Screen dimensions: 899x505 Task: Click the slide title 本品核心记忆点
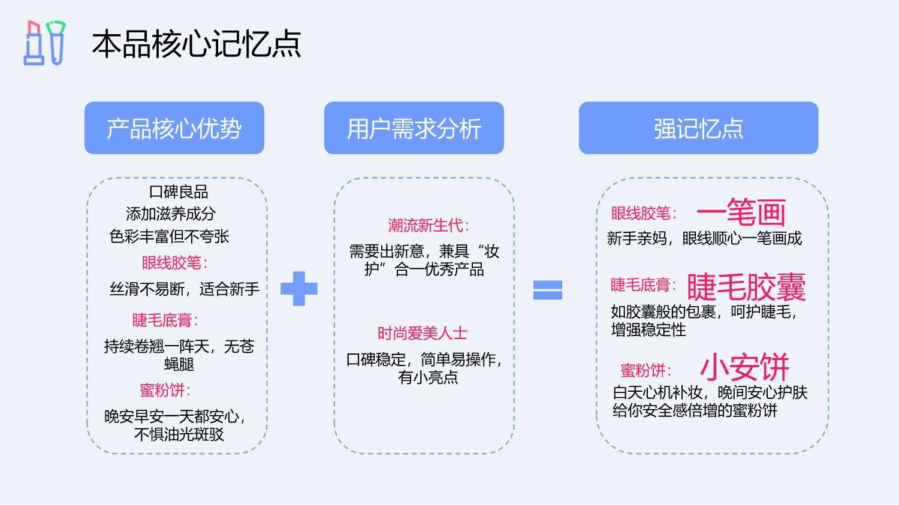(196, 44)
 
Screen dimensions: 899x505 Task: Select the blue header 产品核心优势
(174, 128)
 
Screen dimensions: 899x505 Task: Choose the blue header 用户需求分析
(414, 128)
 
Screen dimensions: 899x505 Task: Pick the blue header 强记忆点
(698, 128)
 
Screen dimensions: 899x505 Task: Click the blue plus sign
(299, 289)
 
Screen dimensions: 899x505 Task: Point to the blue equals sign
(547, 290)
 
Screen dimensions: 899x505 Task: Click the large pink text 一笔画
(741, 212)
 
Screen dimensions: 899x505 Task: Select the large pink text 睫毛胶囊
(747, 287)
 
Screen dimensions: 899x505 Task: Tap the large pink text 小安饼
(745, 367)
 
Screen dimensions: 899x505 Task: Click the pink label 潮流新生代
(429, 225)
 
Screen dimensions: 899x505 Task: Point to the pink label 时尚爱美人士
(422, 333)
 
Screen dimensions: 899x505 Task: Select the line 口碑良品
(178, 192)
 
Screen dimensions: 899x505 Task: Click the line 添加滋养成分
(171, 214)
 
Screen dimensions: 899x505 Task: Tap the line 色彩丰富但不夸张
(169, 237)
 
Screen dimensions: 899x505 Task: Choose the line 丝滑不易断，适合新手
(185, 289)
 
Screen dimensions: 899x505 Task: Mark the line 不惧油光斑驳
(179, 434)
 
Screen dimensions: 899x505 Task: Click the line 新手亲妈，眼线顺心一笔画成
(704, 238)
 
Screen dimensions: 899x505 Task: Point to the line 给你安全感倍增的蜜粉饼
(695, 410)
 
